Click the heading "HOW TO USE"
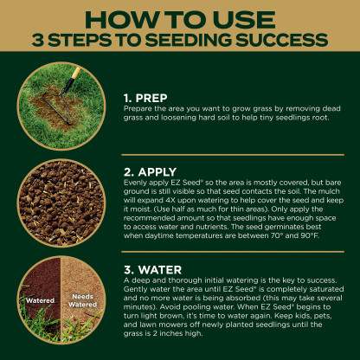[x=180, y=20]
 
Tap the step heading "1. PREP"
[x=145, y=98]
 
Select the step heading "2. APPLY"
[x=150, y=172]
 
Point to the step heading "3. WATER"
[x=153, y=270]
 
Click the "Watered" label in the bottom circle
[x=40, y=300]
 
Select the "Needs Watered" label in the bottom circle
[x=82, y=300]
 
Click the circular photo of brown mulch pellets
[x=61, y=202]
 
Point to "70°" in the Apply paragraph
[x=277, y=235]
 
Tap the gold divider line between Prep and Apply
[x=233, y=155]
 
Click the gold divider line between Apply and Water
[x=233, y=252]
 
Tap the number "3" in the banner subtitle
[x=38, y=40]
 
